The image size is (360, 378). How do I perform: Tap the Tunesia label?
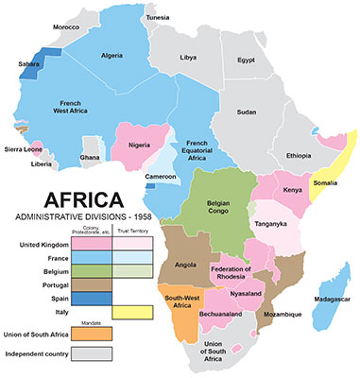click(158, 17)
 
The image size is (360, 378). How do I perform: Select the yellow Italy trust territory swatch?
click(132, 312)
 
